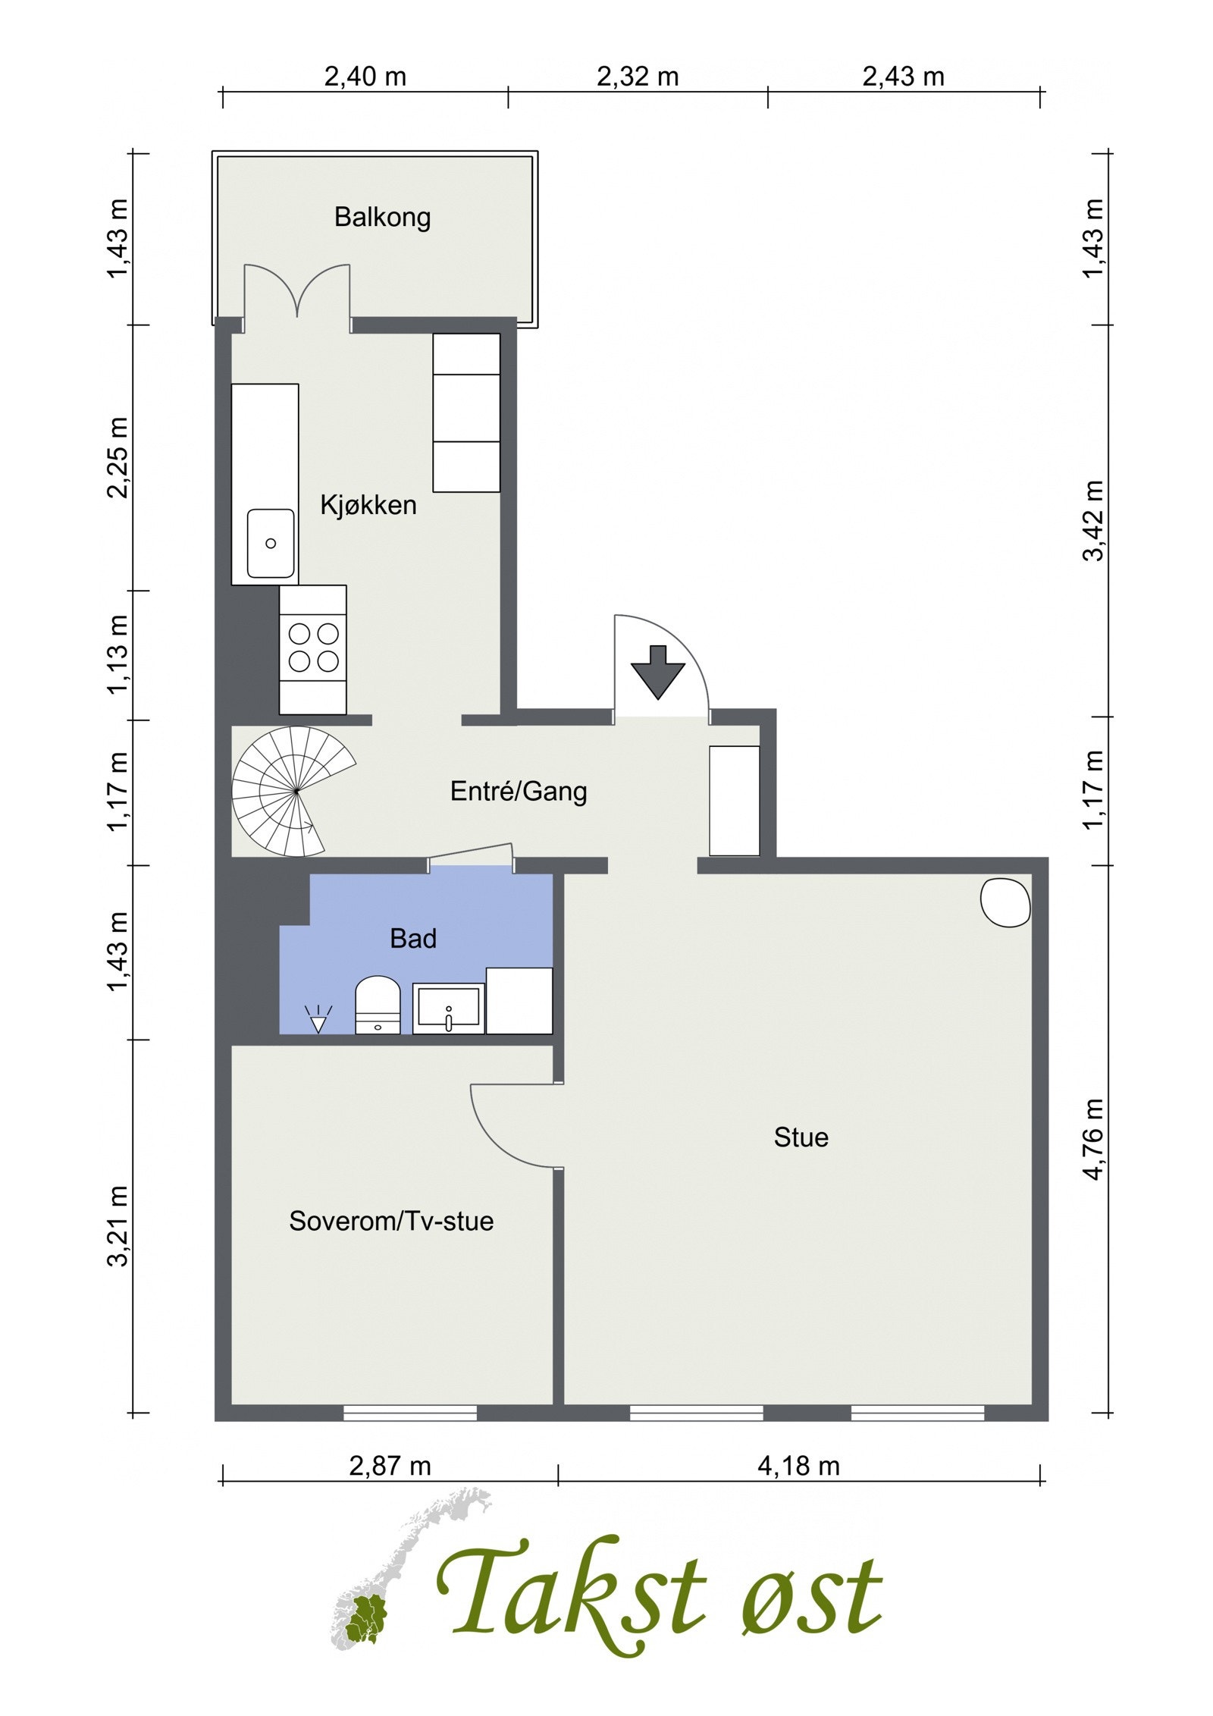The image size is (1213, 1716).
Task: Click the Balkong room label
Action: [382, 218]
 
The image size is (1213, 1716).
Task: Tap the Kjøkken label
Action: [368, 504]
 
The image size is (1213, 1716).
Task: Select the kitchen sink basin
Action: [271, 543]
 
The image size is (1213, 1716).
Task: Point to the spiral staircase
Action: [293, 791]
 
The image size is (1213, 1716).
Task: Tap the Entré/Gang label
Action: [519, 792]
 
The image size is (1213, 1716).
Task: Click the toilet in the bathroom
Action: [378, 1005]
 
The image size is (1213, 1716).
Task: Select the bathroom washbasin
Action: [449, 1009]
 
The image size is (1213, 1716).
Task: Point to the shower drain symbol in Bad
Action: [318, 1019]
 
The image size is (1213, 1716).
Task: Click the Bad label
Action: [413, 939]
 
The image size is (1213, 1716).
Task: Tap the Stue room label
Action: [801, 1137]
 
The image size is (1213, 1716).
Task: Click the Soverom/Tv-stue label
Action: [391, 1221]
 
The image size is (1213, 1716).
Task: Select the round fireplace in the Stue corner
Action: [1005, 902]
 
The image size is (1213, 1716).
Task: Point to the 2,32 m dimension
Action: [638, 77]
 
